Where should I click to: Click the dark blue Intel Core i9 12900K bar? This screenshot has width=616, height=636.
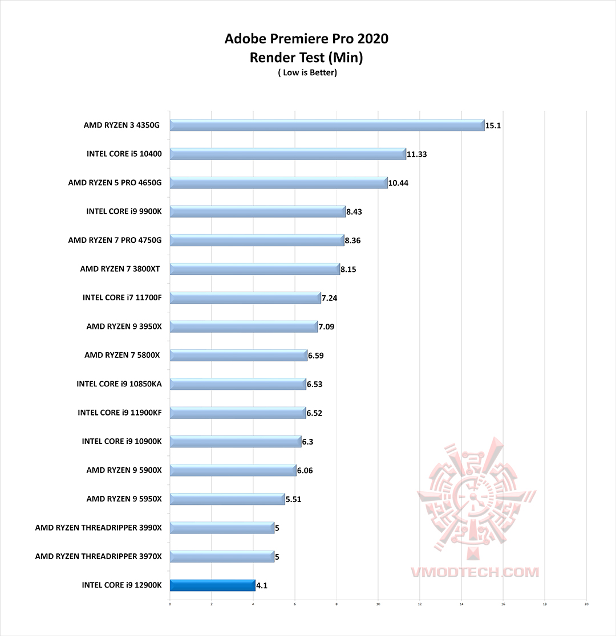(212, 585)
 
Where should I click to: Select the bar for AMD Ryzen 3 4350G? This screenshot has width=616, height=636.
(326, 125)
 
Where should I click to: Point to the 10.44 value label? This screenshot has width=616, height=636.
(398, 183)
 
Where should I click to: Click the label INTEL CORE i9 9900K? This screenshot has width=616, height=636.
(124, 211)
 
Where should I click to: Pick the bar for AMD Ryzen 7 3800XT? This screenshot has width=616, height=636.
(254, 269)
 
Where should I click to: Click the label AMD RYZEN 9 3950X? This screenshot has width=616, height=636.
(124, 327)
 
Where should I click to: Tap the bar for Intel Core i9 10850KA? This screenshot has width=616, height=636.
(237, 384)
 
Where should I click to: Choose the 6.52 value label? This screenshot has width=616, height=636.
(314, 413)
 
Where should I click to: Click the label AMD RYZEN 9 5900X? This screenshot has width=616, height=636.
(124, 470)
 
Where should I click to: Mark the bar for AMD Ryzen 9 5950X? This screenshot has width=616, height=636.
(227, 499)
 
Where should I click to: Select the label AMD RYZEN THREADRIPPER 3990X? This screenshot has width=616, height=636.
(98, 528)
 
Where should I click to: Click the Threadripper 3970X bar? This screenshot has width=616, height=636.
(222, 557)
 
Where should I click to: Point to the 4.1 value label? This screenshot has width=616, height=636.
(262, 585)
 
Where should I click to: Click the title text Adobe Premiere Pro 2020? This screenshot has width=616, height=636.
(306, 39)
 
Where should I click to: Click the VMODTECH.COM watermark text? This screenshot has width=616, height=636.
(475, 571)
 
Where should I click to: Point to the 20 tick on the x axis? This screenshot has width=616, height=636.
(586, 604)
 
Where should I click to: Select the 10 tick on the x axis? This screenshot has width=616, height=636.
(378, 604)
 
